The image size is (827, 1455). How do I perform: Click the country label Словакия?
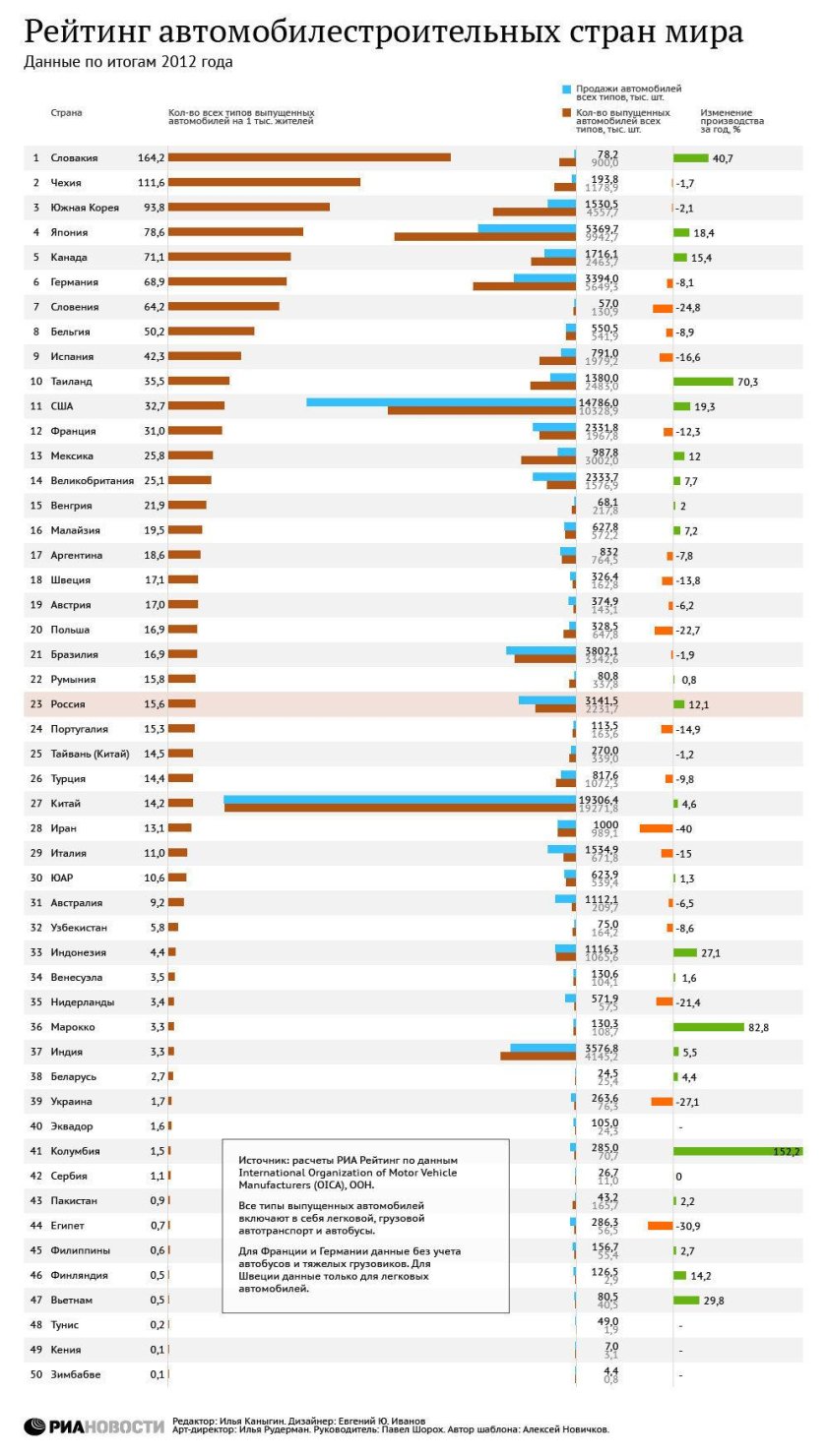(x=74, y=157)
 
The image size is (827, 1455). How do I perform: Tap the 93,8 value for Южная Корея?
(x=153, y=208)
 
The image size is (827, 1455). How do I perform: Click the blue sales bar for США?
(x=441, y=402)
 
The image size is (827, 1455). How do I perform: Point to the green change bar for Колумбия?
(x=736, y=1151)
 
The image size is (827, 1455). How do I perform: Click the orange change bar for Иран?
(x=656, y=828)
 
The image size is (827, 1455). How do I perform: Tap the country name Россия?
(x=68, y=704)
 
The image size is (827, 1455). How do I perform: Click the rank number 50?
(x=35, y=1374)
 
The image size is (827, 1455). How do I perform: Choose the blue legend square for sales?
(x=566, y=89)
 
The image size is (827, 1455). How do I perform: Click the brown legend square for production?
(x=566, y=112)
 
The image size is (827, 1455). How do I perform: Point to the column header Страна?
(x=66, y=112)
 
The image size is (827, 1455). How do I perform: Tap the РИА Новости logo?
(x=94, y=1425)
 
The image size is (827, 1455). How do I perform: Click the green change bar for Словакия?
(x=691, y=157)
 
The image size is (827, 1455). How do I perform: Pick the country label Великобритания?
(x=93, y=481)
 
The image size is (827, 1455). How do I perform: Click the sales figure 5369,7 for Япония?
(x=602, y=228)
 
